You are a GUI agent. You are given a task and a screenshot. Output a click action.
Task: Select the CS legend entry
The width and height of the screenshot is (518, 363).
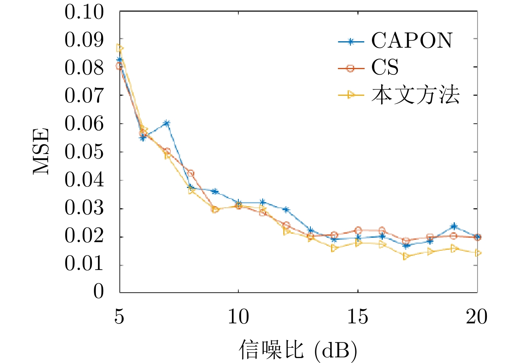tap(385, 68)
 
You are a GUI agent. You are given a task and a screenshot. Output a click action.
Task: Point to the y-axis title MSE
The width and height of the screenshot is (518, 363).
tap(41, 151)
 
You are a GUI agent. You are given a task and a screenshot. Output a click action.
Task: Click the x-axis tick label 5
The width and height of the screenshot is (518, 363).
tap(119, 318)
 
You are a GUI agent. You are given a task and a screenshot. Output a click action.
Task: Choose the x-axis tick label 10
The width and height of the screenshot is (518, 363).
tap(238, 318)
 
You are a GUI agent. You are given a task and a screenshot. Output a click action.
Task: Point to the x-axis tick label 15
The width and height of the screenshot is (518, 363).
tap(358, 318)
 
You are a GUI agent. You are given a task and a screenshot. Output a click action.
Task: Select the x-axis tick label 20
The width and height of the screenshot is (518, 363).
tap(477, 318)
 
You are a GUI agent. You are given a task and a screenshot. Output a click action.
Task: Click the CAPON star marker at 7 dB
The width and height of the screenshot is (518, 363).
tap(167, 123)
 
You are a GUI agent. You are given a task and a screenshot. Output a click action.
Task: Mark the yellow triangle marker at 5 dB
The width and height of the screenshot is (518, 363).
tap(119, 48)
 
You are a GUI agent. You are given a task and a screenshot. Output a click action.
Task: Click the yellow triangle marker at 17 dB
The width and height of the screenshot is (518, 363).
tap(406, 256)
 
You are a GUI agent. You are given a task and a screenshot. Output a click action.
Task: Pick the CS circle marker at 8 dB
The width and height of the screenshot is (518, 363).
tap(191, 173)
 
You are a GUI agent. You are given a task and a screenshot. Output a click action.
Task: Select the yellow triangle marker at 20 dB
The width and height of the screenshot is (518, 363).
tap(478, 253)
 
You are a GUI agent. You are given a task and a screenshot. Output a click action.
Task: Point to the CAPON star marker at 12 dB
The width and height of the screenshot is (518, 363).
tap(286, 209)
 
